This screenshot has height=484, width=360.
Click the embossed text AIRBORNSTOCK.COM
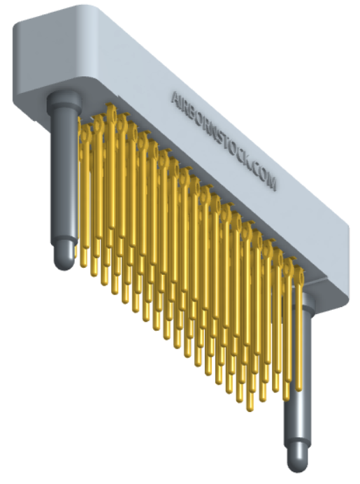click(224, 140)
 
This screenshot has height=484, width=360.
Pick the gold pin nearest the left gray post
click(82, 196)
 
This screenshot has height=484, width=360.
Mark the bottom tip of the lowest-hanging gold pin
click(250, 406)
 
